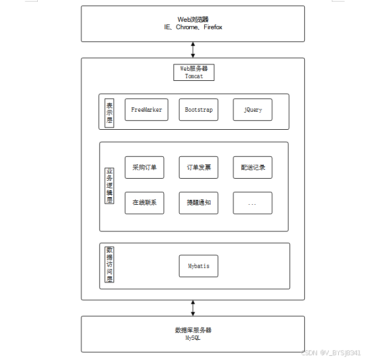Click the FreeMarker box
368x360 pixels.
click(146, 110)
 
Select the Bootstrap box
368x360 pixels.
click(198, 110)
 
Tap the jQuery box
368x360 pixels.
click(253, 110)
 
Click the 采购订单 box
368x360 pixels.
click(145, 168)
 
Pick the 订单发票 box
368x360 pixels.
click(198, 168)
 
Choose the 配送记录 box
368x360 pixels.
click(253, 168)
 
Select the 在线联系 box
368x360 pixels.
click(145, 203)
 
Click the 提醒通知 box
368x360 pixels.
click(198, 203)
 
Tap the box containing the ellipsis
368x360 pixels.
click(253, 203)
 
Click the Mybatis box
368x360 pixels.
click(198, 266)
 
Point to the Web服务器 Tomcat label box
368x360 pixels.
click(194, 72)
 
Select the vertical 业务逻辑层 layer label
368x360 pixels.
click(110, 186)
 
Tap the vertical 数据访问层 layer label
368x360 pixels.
click(110, 264)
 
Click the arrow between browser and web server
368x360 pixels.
click(193, 49)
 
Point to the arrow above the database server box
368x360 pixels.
click(193, 307)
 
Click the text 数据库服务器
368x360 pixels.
click(193, 330)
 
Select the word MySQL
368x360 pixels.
click(193, 338)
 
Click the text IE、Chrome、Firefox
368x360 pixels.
click(193, 27)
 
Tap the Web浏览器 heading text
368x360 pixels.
click(193, 20)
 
